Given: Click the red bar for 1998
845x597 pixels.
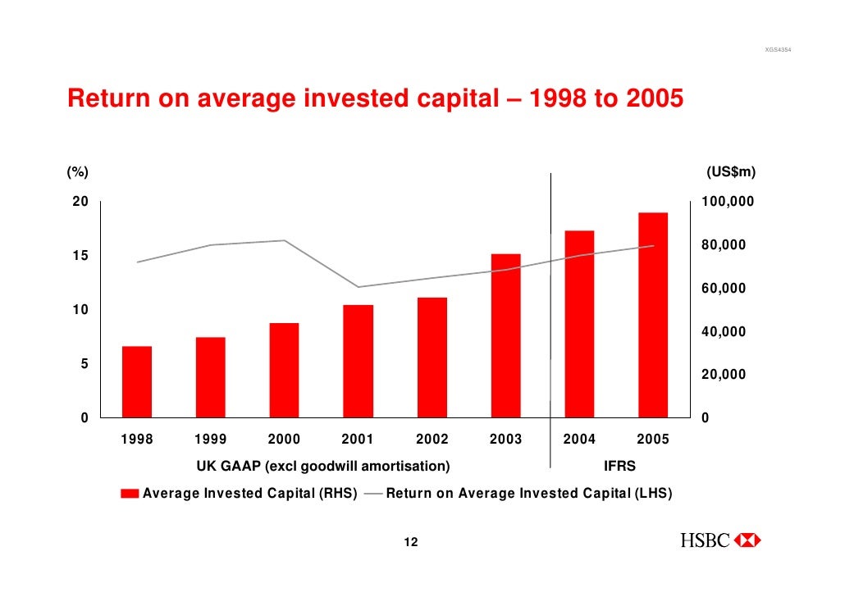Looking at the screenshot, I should (x=137, y=381).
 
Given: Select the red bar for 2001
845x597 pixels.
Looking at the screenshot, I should (x=358, y=361).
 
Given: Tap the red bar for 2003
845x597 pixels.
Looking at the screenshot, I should (x=505, y=335).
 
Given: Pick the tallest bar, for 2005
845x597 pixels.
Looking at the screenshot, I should (x=653, y=315).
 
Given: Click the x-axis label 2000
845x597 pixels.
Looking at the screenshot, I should (x=285, y=439).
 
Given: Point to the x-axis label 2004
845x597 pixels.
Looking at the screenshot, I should (x=579, y=439).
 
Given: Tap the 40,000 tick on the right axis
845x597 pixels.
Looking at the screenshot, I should (x=723, y=332).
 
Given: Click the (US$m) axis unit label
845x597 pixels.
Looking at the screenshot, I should (x=731, y=172).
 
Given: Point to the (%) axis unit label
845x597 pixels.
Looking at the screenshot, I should (x=77, y=172).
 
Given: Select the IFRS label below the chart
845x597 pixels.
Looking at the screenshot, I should (x=619, y=467).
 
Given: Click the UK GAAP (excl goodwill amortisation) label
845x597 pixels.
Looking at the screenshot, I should (x=322, y=467).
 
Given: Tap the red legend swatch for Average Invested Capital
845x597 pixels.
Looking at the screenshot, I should (x=130, y=494).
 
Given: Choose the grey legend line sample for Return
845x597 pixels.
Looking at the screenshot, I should (x=373, y=494).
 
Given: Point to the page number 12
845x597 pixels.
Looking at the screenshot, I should (x=411, y=542).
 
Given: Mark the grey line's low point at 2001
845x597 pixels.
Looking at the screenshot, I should (x=358, y=287).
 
